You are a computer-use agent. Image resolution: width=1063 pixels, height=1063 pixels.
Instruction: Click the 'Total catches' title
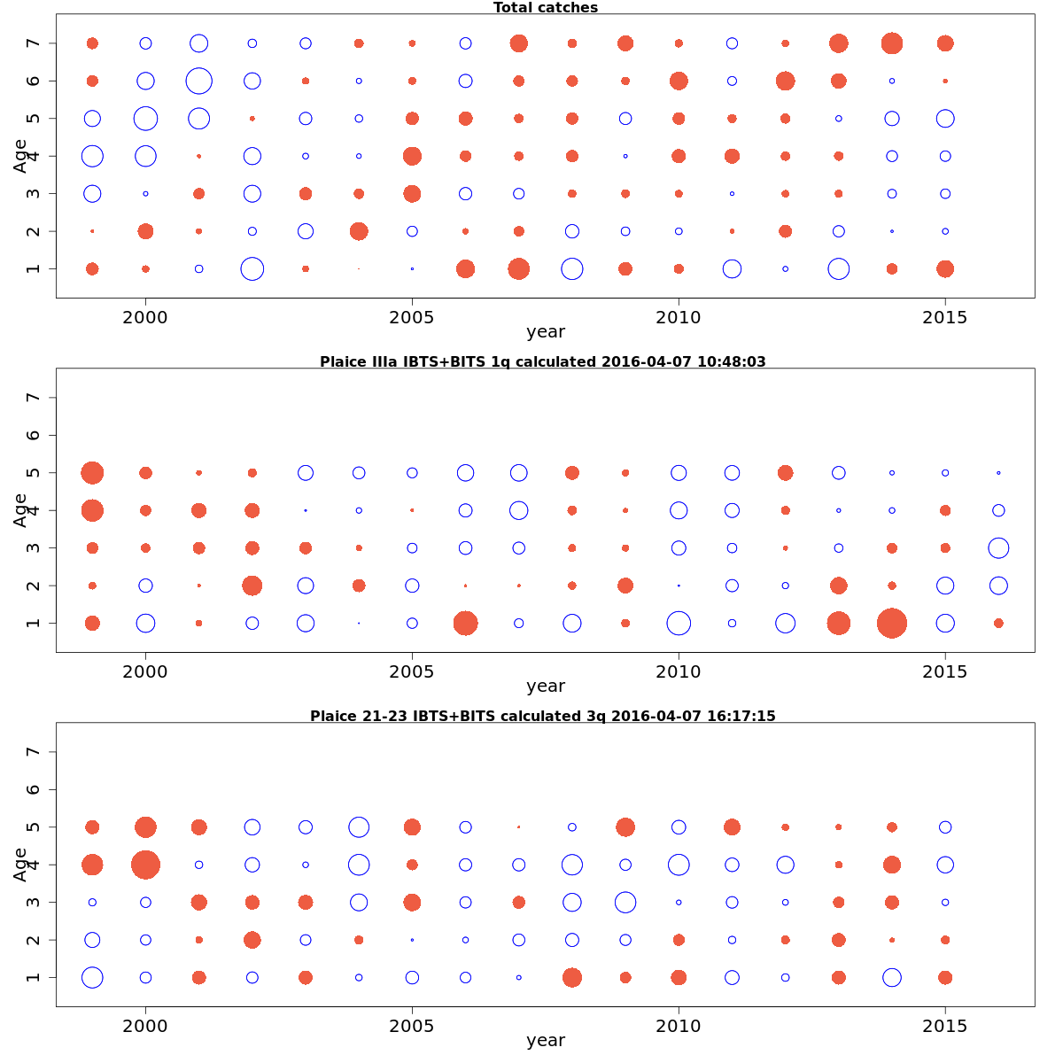[545, 8]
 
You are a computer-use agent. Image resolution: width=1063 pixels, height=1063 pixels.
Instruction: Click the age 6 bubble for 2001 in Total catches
[199, 81]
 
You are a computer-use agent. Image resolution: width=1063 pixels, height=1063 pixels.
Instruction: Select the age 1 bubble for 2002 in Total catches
[252, 268]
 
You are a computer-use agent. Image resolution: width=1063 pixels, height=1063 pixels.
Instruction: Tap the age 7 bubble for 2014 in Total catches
[892, 43]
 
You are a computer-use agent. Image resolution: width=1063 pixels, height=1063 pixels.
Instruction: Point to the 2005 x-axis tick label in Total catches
[412, 316]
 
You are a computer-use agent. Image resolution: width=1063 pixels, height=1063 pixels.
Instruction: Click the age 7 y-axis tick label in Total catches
[34, 43]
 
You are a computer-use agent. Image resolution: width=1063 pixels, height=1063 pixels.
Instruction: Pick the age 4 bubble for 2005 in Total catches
[412, 156]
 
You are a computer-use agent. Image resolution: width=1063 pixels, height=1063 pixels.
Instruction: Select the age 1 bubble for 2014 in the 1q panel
[892, 623]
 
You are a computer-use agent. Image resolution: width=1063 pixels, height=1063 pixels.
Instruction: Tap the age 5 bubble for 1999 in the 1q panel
[92, 473]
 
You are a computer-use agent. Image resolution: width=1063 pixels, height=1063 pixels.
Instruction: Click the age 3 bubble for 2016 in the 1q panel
[998, 547]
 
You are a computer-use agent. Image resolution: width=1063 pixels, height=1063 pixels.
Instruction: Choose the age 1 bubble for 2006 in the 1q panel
[465, 623]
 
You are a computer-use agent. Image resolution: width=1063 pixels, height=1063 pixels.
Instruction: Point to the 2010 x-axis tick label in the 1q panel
[679, 671]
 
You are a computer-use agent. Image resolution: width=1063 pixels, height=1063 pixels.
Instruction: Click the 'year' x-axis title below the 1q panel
[545, 687]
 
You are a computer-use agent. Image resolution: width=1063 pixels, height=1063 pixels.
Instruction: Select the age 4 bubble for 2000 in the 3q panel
[145, 865]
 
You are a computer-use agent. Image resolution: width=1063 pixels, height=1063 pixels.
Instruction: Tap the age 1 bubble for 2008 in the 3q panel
[572, 977]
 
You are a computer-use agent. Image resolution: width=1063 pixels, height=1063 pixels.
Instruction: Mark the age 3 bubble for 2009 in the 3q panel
[625, 902]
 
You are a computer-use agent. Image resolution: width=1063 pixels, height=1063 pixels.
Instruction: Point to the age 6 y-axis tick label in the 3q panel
[34, 789]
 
